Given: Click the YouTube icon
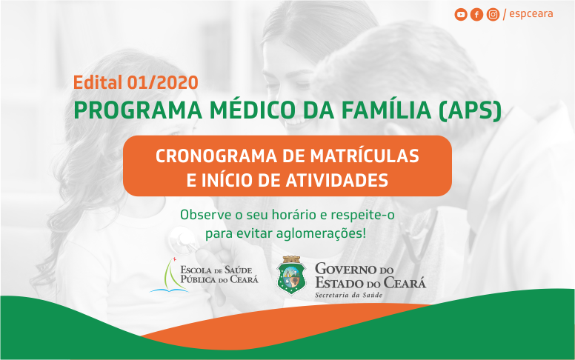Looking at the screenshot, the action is tap(461, 15).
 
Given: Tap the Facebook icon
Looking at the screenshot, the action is tap(476, 15).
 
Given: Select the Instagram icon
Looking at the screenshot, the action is tap(493, 15).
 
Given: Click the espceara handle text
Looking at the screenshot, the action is tap(531, 14).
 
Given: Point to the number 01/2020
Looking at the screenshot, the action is tap(162, 82).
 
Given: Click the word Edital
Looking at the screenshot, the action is tap(98, 82).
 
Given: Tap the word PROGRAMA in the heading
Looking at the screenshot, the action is tap(138, 110).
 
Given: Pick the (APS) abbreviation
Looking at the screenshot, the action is tap(470, 110).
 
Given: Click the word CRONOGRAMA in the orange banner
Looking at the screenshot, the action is tap(216, 156).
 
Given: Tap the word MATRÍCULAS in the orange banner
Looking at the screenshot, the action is tap(365, 156).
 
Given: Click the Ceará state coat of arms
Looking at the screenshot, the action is tap(291, 275).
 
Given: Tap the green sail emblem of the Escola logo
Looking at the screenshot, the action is tap(170, 275).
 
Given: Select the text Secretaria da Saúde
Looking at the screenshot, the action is tap(348, 295).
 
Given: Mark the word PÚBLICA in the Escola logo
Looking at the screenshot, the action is tap(198, 280).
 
